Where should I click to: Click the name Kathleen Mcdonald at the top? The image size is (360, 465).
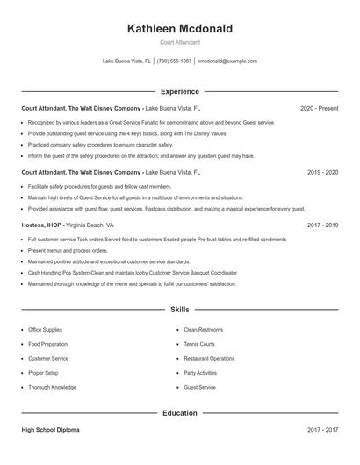180,29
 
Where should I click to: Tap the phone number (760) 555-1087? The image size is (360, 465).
175,61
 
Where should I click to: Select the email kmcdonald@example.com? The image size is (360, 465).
227,61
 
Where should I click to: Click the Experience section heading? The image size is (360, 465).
180,91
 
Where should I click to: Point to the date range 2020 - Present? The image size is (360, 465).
319,109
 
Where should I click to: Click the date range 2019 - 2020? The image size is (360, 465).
322,173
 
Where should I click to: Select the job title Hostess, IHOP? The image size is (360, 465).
41,225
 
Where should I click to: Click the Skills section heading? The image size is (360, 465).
180,310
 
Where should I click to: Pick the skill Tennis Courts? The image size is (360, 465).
199,344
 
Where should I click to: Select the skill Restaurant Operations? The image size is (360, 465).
209,358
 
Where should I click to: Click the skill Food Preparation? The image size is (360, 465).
47,344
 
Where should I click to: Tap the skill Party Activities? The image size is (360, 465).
200,373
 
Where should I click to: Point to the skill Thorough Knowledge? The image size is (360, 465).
52,387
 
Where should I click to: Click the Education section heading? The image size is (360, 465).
180,412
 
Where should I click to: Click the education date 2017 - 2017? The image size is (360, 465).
322,430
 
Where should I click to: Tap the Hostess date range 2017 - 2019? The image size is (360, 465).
322,225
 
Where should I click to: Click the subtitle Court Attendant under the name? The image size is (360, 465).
180,42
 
